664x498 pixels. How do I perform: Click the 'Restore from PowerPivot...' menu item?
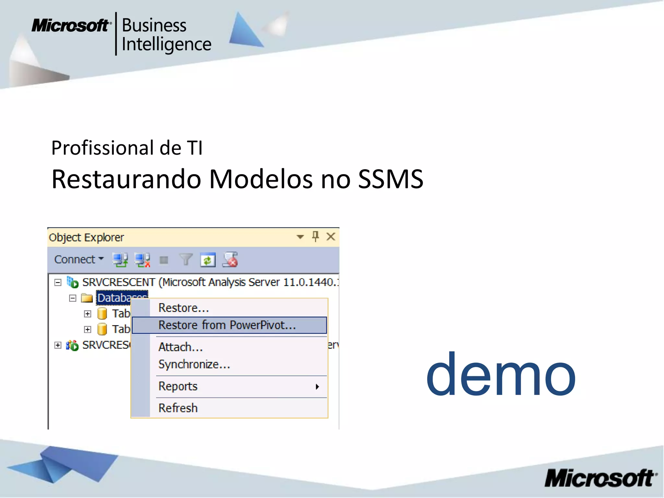[227, 325]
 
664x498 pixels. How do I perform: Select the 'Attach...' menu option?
[180, 347]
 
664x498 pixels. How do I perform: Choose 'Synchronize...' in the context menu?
[194, 364]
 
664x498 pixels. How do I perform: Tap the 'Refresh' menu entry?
[178, 408]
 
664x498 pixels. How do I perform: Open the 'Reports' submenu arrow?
[317, 386]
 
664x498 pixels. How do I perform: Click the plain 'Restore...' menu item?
[184, 308]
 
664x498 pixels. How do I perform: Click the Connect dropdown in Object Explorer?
[79, 259]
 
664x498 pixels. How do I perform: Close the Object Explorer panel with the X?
[331, 237]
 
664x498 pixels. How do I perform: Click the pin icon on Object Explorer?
[315, 236]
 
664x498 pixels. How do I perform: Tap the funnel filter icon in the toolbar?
[186, 260]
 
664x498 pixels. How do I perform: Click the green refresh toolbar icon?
[207, 260]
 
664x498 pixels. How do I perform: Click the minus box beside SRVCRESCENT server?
[58, 282]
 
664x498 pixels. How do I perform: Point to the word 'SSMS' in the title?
[391, 179]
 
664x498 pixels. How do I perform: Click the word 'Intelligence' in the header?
[166, 44]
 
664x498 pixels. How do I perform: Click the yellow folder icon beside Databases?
[87, 298]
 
